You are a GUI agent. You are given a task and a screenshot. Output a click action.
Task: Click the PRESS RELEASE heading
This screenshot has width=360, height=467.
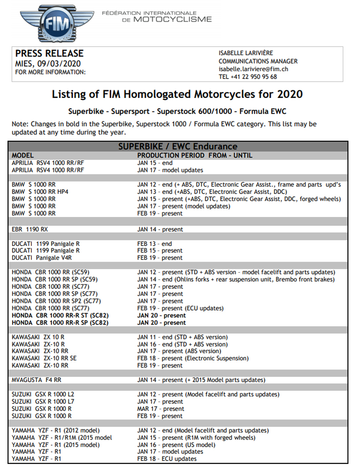click(x=49, y=53)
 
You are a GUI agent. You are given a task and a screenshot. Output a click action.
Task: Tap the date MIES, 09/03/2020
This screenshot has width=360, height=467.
click(x=48, y=64)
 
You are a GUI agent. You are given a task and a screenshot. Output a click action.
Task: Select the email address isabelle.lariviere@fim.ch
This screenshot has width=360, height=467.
click(x=254, y=69)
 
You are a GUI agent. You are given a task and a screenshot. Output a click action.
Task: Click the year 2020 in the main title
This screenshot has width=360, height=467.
click(x=288, y=94)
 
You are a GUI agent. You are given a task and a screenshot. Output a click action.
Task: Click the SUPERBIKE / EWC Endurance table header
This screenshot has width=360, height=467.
click(x=178, y=146)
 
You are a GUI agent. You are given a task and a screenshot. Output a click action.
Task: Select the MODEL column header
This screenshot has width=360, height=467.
click(x=23, y=155)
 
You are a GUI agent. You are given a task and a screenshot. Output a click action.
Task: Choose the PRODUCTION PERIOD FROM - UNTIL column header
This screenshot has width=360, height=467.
click(x=195, y=155)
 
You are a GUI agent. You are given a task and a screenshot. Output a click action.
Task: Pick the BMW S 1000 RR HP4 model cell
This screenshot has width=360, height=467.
click(x=40, y=191)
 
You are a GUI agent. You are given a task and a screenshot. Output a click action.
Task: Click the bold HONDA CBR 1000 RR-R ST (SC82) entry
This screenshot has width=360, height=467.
click(x=60, y=315)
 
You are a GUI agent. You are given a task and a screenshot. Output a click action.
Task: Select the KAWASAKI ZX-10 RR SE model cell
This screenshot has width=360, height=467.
click(x=44, y=358)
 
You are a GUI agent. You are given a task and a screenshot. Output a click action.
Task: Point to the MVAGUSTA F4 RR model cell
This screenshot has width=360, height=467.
click(x=37, y=380)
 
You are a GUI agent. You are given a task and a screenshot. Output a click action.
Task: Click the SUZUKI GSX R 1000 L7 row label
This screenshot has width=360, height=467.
click(x=42, y=401)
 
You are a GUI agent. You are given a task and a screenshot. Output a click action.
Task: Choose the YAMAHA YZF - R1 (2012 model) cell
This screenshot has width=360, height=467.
click(x=56, y=430)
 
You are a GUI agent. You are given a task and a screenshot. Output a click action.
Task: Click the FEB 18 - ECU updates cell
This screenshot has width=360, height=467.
click(x=167, y=459)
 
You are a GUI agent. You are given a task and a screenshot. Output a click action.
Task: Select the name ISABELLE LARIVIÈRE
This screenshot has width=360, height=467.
click(x=246, y=53)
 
